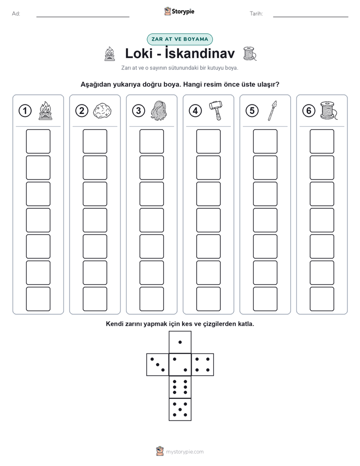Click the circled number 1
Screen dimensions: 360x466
point(25,111)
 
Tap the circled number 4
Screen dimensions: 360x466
point(195,111)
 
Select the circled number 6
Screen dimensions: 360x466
point(309,111)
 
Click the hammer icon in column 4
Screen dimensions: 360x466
point(216,110)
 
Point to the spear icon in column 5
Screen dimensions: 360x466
point(272,110)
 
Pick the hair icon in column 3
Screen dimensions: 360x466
point(159,110)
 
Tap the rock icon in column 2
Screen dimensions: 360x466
point(102,111)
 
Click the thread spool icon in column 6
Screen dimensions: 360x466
point(329,110)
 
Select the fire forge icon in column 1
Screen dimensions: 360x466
point(45,110)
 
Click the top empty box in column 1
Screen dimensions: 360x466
point(38,141)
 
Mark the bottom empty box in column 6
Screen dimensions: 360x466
point(322,299)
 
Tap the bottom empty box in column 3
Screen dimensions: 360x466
point(151,299)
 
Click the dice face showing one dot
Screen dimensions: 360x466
point(180,342)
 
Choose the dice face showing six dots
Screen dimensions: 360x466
point(180,387)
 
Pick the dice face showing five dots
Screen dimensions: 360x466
point(180,410)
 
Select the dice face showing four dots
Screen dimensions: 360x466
point(203,365)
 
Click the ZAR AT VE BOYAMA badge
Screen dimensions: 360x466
point(179,39)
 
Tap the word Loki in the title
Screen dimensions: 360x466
point(139,53)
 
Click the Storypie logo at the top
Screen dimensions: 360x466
point(179,12)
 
